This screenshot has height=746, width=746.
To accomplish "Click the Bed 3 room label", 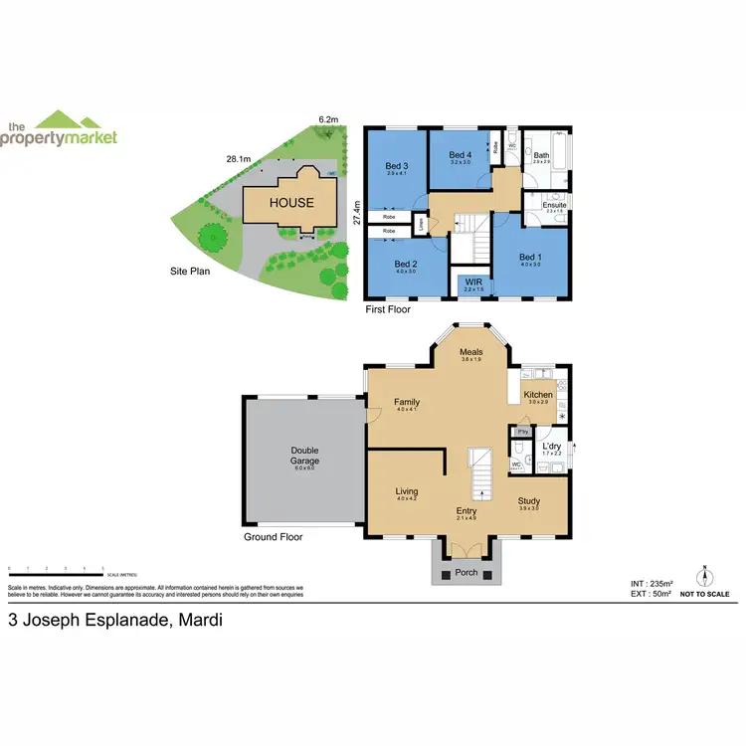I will click(x=398, y=165).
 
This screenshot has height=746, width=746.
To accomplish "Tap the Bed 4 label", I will click(x=459, y=155).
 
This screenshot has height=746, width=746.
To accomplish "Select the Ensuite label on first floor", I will click(x=554, y=205).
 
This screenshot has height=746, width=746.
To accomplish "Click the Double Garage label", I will click(x=303, y=455).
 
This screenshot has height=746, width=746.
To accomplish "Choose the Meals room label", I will click(x=470, y=352).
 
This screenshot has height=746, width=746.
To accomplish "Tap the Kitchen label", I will click(x=539, y=395).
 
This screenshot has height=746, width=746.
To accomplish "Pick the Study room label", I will click(x=528, y=501).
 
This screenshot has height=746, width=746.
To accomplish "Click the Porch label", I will click(x=466, y=572).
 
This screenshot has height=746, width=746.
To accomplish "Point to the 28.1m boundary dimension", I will click(x=237, y=157).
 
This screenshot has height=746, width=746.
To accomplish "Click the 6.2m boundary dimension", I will click(x=327, y=119).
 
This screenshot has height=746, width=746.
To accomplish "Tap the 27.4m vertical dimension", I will click(x=355, y=215).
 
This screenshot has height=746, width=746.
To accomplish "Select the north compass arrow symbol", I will click(x=704, y=575).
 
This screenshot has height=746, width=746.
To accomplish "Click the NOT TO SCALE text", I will click(x=705, y=595).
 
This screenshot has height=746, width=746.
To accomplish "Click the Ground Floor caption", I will click(x=273, y=537).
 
